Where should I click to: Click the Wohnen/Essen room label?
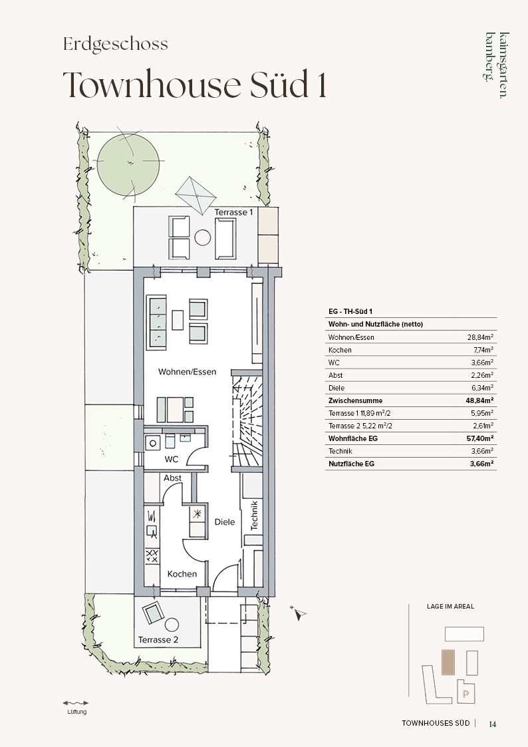coord(187,372)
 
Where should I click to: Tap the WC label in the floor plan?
coord(172,459)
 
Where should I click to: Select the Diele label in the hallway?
coord(225,522)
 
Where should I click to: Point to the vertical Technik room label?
coord(254,515)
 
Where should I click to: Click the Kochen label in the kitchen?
coord(182,574)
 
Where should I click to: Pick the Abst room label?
coord(172,478)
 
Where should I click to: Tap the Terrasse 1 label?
coord(233,212)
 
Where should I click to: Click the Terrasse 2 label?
coord(158,640)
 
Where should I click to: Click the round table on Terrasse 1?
coord(203,237)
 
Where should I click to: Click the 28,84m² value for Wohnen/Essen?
coord(480,337)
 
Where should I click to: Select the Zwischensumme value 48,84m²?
coord(479,400)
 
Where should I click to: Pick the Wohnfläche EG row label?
coord(353,438)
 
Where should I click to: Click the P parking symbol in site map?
coord(465,694)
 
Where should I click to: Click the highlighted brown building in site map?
coord(448,663)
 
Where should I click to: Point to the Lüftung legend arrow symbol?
coord(76,702)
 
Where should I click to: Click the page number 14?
coord(492,724)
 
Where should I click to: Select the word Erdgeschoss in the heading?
coord(116,44)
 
